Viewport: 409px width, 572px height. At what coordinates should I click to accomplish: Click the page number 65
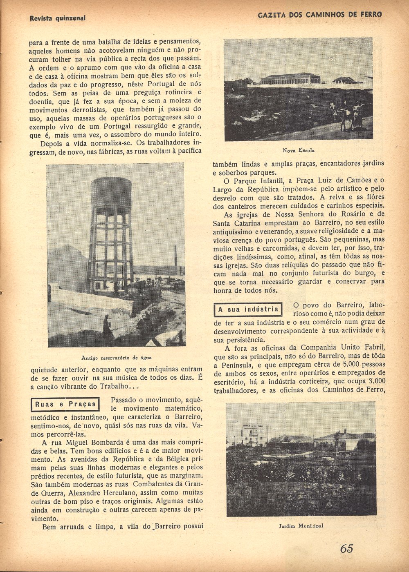point(346,548)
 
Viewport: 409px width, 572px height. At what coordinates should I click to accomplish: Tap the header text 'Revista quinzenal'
point(58,18)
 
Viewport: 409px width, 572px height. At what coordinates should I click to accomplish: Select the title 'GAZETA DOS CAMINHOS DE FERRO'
point(320,15)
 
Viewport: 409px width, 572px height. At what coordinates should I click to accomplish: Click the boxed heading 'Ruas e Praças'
point(65,404)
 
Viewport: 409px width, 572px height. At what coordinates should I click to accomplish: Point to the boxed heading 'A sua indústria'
point(248,309)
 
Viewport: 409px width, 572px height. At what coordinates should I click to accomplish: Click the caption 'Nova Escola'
point(298,150)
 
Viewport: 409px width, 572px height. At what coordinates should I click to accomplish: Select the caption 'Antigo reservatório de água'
point(117,357)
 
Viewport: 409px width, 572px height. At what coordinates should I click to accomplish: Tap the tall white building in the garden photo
point(254,434)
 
